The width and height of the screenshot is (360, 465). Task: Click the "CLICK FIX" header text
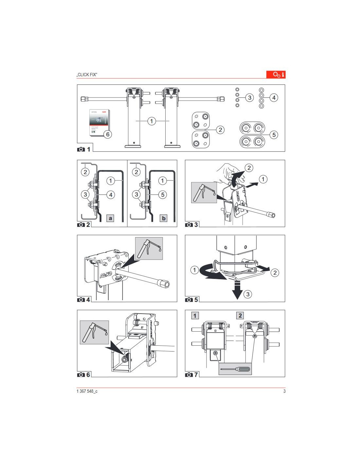click(x=87, y=75)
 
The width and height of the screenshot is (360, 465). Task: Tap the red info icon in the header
click(x=276, y=74)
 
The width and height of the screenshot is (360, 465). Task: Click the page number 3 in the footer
click(x=284, y=391)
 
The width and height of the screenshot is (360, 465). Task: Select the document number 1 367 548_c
click(x=87, y=391)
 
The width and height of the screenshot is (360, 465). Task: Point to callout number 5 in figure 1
click(x=274, y=134)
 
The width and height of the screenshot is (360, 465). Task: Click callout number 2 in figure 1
click(x=220, y=130)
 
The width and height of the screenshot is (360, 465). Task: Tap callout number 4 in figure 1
click(x=274, y=97)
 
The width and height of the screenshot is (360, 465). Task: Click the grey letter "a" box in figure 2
click(x=110, y=218)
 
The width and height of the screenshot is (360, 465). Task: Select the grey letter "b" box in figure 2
click(x=164, y=218)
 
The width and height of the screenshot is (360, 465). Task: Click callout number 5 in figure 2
click(x=163, y=195)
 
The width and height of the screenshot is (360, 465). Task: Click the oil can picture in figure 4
click(x=149, y=249)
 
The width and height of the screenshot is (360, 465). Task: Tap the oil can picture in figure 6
click(x=94, y=332)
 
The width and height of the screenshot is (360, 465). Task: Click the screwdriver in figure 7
click(x=235, y=369)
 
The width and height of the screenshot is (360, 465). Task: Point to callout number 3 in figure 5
click(x=248, y=294)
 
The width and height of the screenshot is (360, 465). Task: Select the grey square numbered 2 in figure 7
click(x=240, y=316)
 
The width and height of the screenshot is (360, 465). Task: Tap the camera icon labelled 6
click(x=81, y=375)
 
